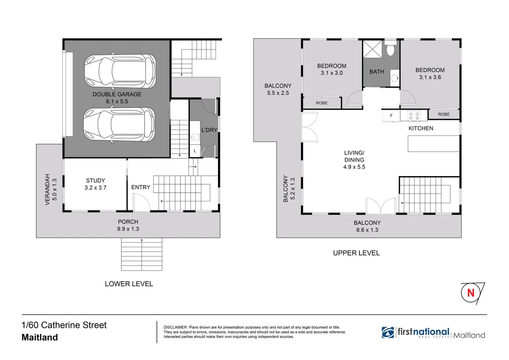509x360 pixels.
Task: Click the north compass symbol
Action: (471, 293)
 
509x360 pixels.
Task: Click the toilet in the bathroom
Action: (390, 49)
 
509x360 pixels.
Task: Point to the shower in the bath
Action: (373, 49)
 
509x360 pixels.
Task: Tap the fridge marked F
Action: (391, 116)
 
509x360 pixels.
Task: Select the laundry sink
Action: (195, 137)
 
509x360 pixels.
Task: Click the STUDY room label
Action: (95, 181)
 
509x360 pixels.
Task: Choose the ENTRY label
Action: (141, 187)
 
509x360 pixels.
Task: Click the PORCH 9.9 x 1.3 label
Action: (128, 225)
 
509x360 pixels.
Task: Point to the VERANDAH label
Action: (47, 189)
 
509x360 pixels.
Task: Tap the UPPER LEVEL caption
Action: (356, 253)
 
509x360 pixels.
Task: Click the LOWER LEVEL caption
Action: (129, 284)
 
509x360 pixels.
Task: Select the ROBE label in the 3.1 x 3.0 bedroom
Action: (322, 103)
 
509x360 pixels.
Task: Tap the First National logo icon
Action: (388, 332)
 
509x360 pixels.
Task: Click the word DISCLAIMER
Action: (175, 327)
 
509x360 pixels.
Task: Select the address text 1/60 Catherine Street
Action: (64, 325)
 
